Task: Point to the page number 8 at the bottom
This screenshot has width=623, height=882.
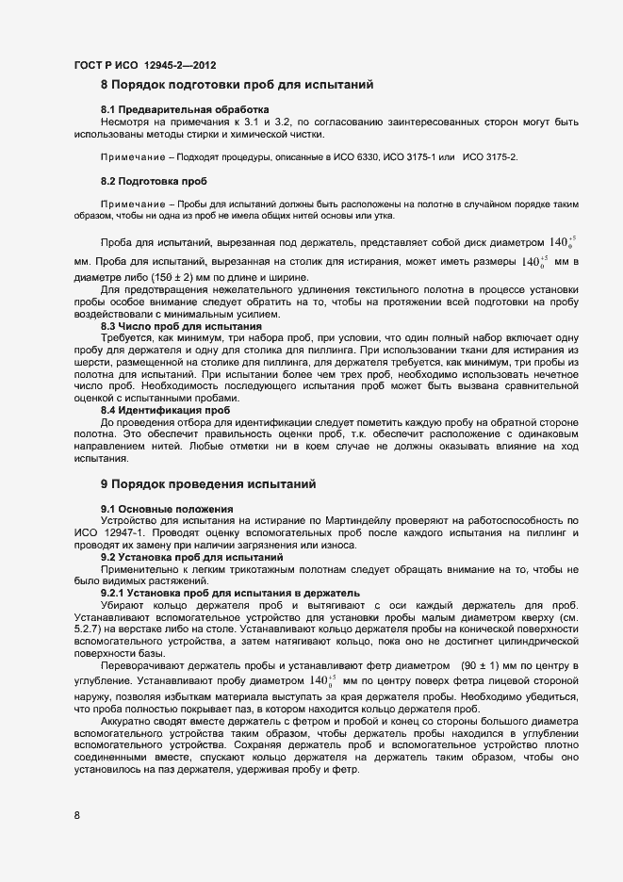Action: [x=76, y=815]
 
